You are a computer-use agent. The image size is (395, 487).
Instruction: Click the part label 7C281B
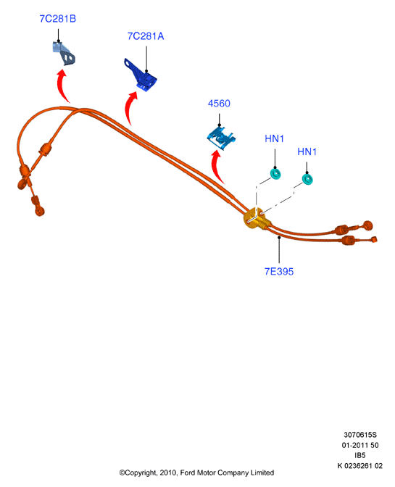tap(58, 19)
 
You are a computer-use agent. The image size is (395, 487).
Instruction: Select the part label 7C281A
tap(146, 36)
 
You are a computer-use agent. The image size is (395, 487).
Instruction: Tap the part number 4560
tap(219, 104)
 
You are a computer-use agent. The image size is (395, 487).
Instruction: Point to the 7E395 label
tap(279, 272)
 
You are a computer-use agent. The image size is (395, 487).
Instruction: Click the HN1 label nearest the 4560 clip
tap(274, 138)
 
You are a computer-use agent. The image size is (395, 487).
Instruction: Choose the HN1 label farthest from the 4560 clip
tap(307, 151)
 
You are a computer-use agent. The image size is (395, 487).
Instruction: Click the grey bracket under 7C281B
tap(64, 54)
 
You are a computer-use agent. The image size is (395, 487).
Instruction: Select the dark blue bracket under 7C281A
tap(141, 76)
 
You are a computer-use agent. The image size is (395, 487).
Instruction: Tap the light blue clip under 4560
tap(222, 137)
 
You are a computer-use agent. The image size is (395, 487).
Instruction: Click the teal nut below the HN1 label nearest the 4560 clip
tap(275, 174)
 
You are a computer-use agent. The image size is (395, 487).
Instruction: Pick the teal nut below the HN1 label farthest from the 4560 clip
tap(307, 179)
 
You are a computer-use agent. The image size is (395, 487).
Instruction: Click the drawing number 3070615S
tap(360, 435)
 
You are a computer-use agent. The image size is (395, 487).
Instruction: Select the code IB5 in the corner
tap(360, 455)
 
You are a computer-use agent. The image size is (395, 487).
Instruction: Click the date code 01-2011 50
tap(360, 445)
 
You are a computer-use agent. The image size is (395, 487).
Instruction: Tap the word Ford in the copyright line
tap(188, 473)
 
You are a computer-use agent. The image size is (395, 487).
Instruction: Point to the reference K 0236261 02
tap(360, 465)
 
